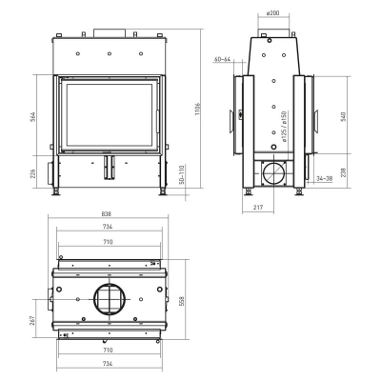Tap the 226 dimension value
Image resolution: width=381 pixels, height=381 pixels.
click(x=33, y=174)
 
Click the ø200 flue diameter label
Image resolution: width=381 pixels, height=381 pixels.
click(x=271, y=13)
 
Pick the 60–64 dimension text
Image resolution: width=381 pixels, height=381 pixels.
click(x=223, y=59)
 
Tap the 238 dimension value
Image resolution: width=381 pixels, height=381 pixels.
click(x=345, y=172)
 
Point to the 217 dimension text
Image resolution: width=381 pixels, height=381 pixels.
click(x=259, y=207)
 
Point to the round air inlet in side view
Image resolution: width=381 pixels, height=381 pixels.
click(x=274, y=174)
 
